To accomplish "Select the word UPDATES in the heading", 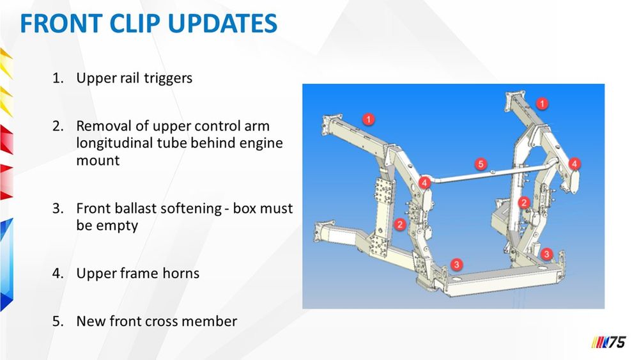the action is point(222,23).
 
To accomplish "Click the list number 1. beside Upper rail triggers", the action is point(58,78).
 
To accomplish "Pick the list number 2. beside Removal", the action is point(58,126).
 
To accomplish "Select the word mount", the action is point(98,160).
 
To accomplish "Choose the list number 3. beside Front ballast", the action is point(58,208).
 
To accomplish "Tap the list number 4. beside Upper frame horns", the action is point(58,273).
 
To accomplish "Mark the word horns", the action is point(181,273).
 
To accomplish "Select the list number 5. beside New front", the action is point(58,321).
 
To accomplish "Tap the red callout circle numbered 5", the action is point(481,164).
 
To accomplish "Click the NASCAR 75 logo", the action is point(609,341).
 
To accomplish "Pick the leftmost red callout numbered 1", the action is point(369,120).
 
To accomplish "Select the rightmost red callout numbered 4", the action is point(574,164).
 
